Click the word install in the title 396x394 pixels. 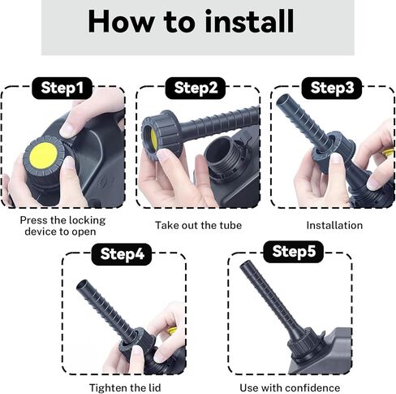249,21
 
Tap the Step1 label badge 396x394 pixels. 62,88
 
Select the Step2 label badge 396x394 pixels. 196,88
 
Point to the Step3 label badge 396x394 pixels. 332,88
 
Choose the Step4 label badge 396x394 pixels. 122,254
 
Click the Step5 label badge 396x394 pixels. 294,252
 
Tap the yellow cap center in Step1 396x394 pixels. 43,156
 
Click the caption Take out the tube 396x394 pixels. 198,226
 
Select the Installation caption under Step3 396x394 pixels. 334,226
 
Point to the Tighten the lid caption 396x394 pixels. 125,388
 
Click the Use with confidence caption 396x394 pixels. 290,388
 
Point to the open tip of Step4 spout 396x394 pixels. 82,286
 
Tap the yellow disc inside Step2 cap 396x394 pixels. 153,140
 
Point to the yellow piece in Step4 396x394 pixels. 171,331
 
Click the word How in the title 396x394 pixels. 121,21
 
